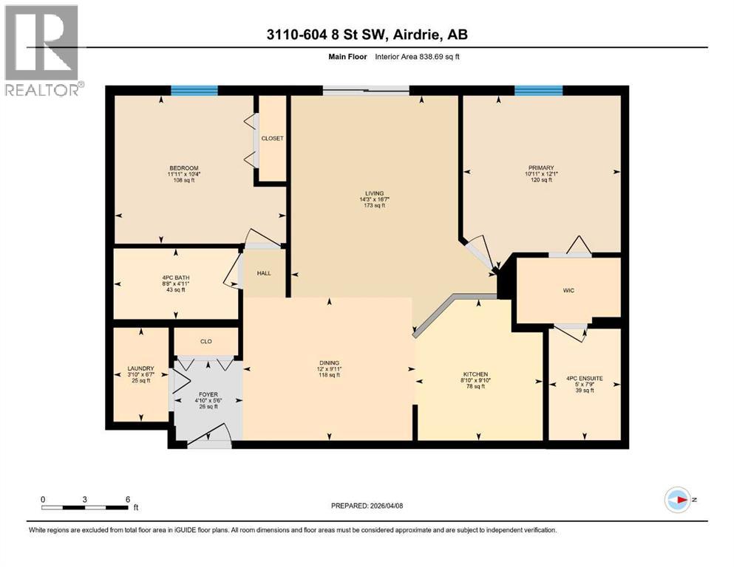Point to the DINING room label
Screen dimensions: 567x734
[329, 362]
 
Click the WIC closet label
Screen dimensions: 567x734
[568, 290]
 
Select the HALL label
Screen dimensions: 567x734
[264, 273]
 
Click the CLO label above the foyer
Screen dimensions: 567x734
[206, 342]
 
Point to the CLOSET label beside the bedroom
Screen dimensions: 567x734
[272, 138]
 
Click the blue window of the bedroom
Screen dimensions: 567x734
[194, 91]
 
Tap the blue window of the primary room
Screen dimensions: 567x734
[538, 91]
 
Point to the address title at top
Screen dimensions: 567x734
[367, 34]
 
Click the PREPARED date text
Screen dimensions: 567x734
[367, 506]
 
